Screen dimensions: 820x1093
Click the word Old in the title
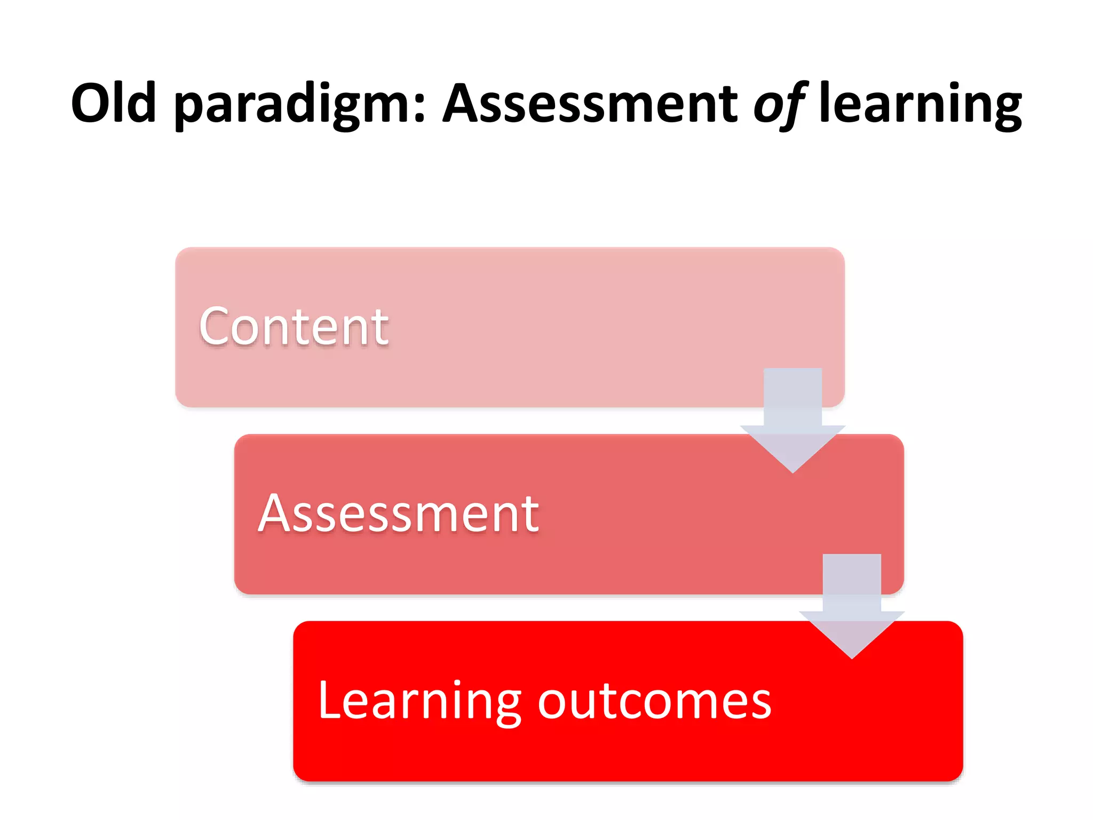(113, 102)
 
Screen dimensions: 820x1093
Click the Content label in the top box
(294, 327)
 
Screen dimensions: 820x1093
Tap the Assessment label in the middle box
(398, 514)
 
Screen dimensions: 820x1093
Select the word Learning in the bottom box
(419, 700)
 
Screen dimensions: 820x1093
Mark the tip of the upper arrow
(793, 470)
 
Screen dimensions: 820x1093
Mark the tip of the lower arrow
(852, 657)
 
